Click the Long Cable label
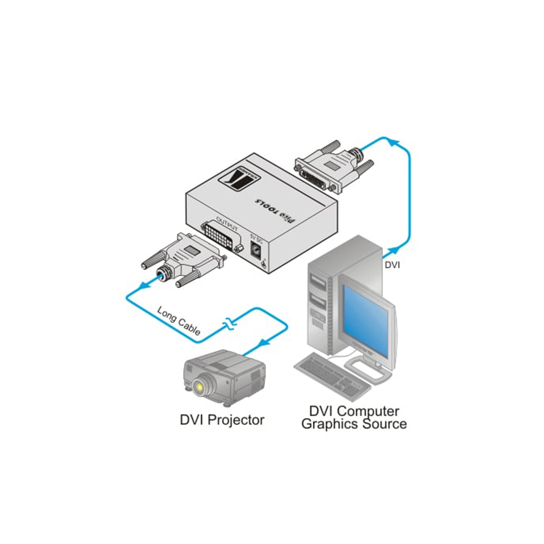click(x=179, y=321)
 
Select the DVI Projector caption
click(x=222, y=420)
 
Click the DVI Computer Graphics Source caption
click(x=354, y=418)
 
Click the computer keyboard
click(x=331, y=373)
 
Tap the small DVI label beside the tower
click(x=392, y=265)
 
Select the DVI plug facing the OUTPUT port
click(x=186, y=258)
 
